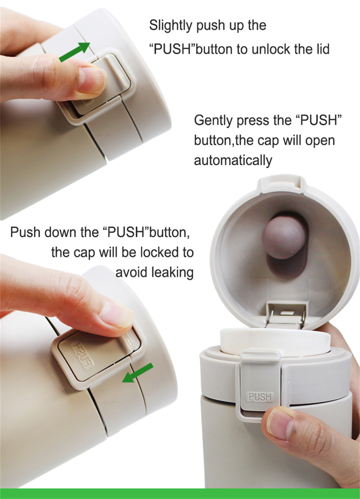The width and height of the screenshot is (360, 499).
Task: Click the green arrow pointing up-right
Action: click(74, 52)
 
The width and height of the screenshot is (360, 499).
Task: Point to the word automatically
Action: click(233, 160)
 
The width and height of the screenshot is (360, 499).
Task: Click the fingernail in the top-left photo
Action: click(92, 80)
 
